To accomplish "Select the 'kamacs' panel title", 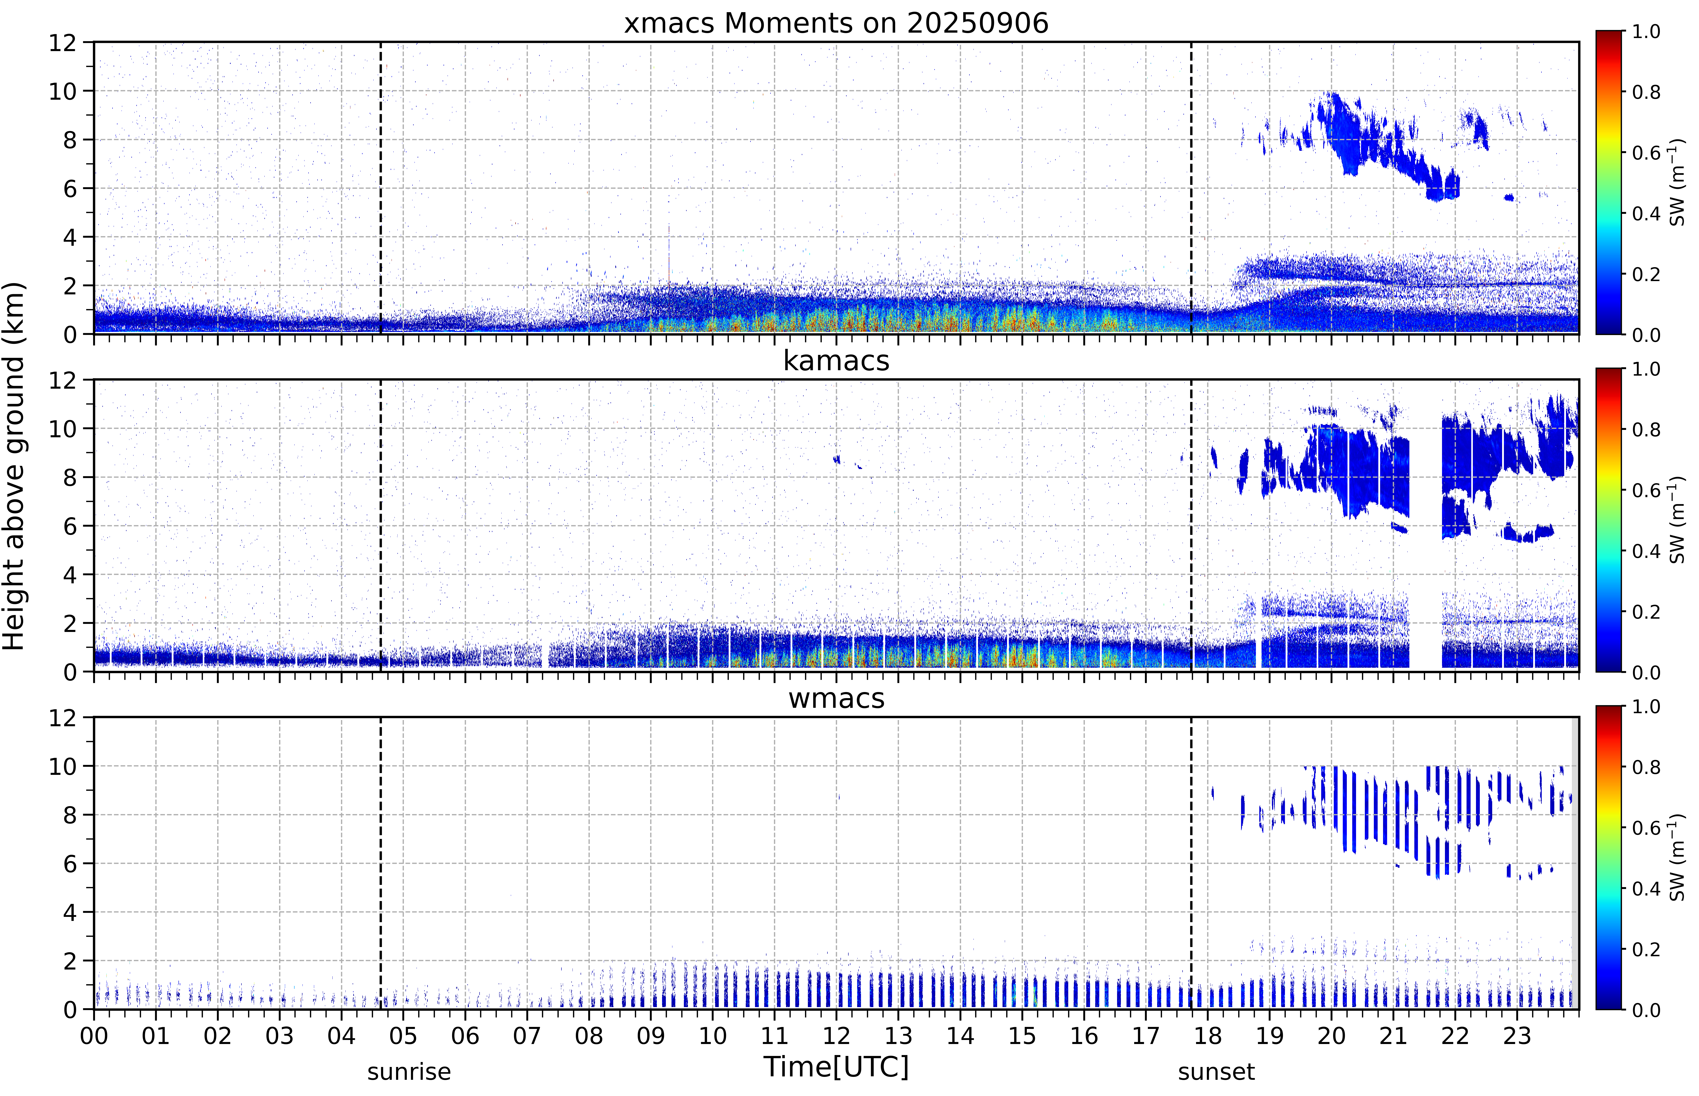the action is click(x=836, y=361).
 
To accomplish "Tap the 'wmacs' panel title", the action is click(x=836, y=698).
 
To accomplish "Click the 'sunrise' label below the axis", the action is click(x=409, y=1072).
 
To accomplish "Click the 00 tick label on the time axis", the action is click(x=94, y=1035).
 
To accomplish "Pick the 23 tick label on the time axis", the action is click(x=1517, y=1035).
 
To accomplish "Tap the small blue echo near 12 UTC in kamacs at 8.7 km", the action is click(x=837, y=460).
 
